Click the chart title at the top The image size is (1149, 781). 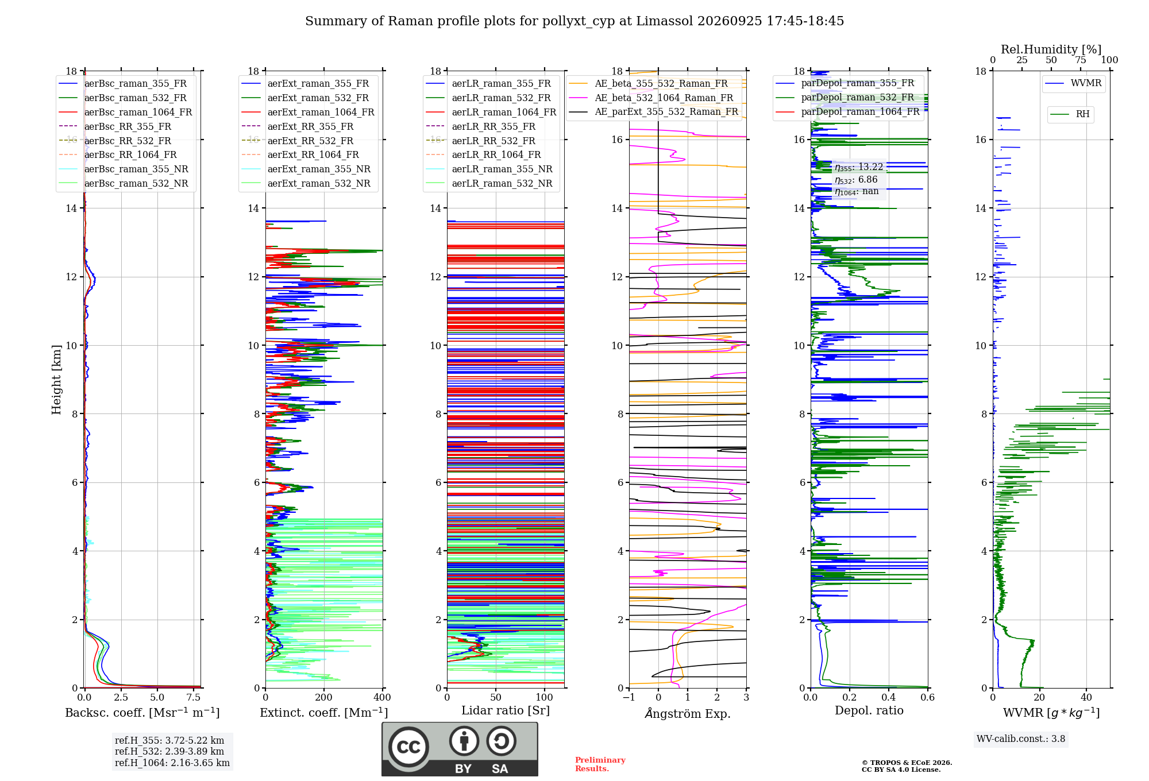point(574,21)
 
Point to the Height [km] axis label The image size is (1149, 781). point(56,379)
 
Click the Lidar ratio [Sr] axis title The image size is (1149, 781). point(506,710)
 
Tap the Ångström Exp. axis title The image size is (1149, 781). point(688,713)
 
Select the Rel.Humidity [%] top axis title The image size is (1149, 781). point(1051,49)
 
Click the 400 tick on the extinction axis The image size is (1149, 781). point(383,698)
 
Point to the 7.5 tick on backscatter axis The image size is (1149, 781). point(194,698)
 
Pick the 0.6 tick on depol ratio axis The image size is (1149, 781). point(928,698)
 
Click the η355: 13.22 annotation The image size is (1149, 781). point(859,167)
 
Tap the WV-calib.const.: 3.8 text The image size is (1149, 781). point(1021,739)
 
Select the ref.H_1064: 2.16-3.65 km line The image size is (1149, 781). point(172,763)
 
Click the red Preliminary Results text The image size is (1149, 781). point(600,764)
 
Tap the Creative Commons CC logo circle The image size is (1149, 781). point(408,747)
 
